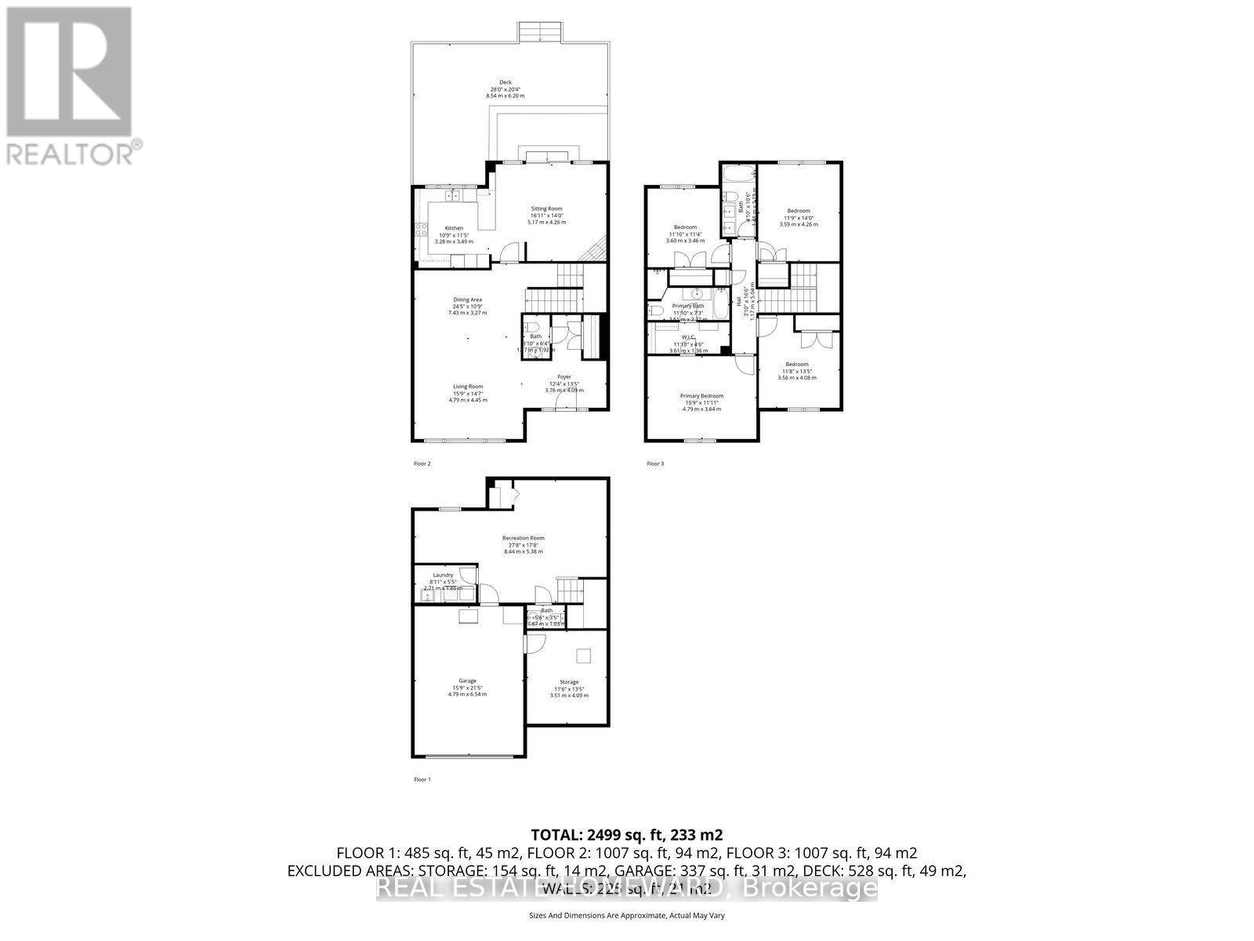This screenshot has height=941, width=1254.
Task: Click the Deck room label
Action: click(x=506, y=82)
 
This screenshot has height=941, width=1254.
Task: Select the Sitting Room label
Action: click(x=546, y=209)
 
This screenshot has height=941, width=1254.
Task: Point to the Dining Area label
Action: click(x=467, y=300)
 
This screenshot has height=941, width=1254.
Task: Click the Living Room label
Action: click(x=468, y=387)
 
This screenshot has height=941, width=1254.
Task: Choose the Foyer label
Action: click(x=564, y=377)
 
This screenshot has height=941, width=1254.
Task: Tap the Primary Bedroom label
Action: click(x=701, y=396)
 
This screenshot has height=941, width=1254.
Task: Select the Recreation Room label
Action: click(x=524, y=538)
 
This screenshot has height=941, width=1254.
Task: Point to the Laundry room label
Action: click(x=444, y=575)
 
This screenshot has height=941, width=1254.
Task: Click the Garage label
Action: click(x=468, y=681)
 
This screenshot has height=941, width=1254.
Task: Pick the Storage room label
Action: click(x=568, y=682)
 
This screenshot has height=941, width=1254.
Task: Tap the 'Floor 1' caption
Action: click(x=422, y=779)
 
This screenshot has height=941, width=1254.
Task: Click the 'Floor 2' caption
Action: click(x=422, y=463)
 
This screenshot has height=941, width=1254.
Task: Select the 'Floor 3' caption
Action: click(x=655, y=463)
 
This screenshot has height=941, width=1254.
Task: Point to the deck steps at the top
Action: click(x=539, y=34)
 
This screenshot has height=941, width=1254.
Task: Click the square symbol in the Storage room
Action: click(x=584, y=655)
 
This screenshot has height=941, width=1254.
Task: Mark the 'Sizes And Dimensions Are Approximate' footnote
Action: click(x=626, y=915)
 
